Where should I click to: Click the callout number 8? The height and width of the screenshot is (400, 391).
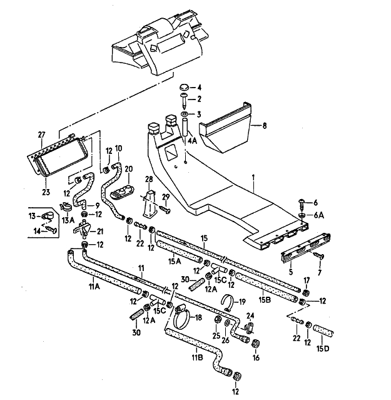265,126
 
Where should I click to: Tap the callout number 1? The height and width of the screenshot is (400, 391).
253,177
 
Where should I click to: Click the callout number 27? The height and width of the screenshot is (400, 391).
42,135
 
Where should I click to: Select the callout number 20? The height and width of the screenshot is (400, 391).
129,168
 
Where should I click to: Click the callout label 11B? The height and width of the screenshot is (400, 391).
196,358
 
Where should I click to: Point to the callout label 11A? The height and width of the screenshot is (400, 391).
94,287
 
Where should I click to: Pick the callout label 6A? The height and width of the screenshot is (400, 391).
319,215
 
